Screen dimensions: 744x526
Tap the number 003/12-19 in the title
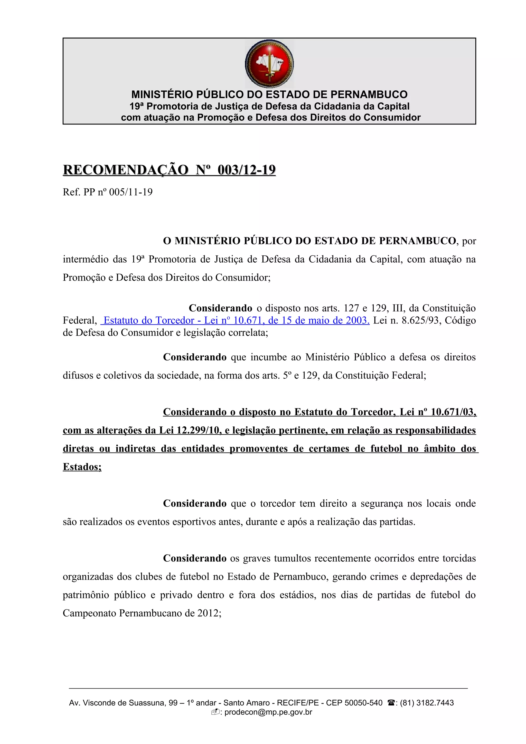[x=246, y=170]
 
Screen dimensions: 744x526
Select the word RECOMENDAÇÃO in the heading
[x=125, y=170]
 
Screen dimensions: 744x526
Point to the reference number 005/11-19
[x=131, y=192]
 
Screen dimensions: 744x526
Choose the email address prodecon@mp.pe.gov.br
[x=268, y=712]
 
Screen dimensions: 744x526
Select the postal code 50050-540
[x=363, y=703]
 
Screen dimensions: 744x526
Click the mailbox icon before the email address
[x=215, y=712]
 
